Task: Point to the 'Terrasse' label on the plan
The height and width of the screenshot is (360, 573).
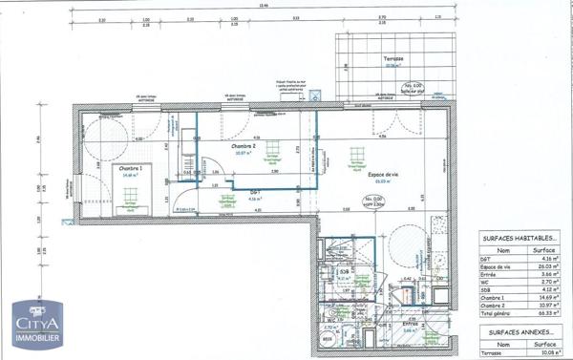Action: (393, 59)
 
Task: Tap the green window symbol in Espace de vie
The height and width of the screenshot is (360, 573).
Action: (359, 154)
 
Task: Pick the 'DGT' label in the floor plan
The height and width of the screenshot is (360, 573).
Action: (256, 191)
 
